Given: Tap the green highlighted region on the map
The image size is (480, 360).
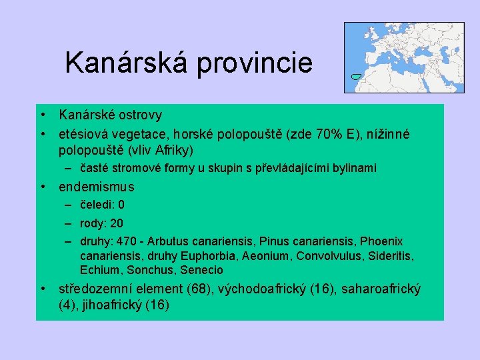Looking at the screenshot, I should coord(356,77).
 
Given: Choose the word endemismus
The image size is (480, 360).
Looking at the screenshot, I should coord(97,187).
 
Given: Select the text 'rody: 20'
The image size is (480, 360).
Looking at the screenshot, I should coord(101,223).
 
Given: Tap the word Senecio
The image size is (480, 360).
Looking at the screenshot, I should coord(202,270).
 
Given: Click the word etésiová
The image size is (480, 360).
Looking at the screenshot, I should coord(83,134).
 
